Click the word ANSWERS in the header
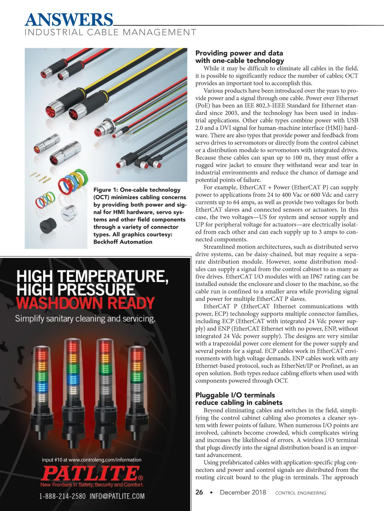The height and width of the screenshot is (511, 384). point(69,20)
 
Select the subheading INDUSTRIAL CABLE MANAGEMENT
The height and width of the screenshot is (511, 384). point(110,33)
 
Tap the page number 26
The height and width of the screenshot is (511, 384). point(199,492)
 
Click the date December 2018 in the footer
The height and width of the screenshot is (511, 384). point(243,492)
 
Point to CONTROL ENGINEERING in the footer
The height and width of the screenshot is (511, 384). point(300,493)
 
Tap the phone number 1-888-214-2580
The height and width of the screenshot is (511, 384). point(62,496)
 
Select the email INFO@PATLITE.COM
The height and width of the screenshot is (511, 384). point(117,496)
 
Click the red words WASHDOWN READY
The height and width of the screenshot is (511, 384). point(85,303)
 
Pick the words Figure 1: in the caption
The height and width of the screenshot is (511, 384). point(105,190)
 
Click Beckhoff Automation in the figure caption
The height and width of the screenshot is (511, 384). point(123,242)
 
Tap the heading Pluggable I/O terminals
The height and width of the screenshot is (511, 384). point(235,395)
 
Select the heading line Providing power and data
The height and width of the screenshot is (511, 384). point(239,53)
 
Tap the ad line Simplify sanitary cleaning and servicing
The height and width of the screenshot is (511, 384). point(85,319)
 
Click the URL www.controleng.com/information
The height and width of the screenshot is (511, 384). point(105,460)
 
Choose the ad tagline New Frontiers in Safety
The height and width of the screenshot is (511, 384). point(92,485)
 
